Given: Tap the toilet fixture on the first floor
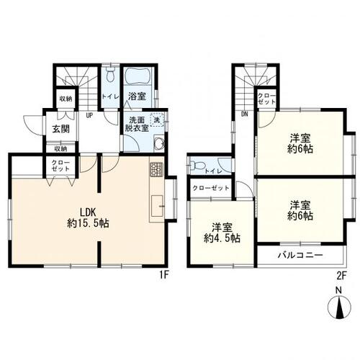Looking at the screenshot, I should [x=109, y=76].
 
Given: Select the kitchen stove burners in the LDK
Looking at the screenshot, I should [x=157, y=169].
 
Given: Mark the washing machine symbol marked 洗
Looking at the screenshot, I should [x=158, y=120].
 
